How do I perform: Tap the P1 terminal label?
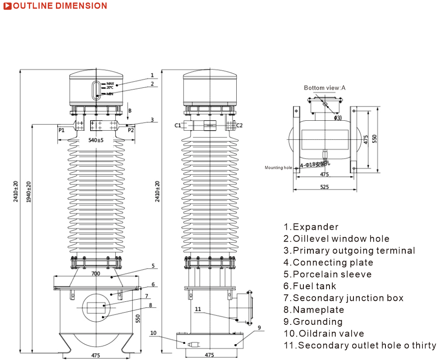pyautogui.click(x=62, y=130)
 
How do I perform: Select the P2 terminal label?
pyautogui.click(x=131, y=130)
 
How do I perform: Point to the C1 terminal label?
pyautogui.click(x=178, y=125)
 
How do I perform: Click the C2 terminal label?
pyautogui.click(x=239, y=125)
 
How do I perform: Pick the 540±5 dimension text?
pyautogui.click(x=96, y=140)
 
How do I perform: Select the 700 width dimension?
pyautogui.click(x=96, y=274)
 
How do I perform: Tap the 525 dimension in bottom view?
pyautogui.click(x=324, y=187)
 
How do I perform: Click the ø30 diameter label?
pyautogui.click(x=338, y=118)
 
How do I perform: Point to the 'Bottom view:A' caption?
pyautogui.click(x=325, y=88)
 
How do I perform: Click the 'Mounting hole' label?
pyautogui.click(x=278, y=168)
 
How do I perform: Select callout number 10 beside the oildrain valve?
pyautogui.click(x=153, y=333)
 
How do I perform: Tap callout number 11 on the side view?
pyautogui.click(x=198, y=310)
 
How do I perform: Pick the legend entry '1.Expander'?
pyautogui.click(x=311, y=227)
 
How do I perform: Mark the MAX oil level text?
pyautogui.click(x=110, y=83)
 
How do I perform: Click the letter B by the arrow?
pyautogui.click(x=130, y=110)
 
